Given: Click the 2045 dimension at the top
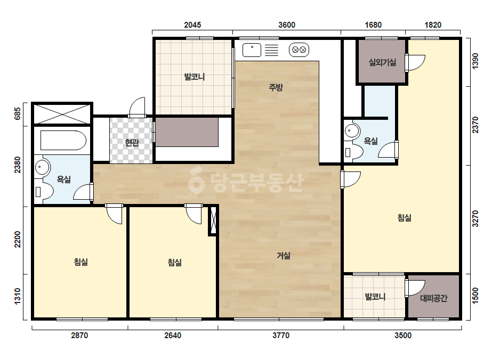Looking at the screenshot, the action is (192, 25).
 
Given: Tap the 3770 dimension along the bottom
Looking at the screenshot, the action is (281, 336).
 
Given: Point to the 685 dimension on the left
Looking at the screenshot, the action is (18, 113).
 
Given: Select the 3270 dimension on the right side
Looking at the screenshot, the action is (475, 218).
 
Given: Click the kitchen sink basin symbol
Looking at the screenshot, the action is (252, 50).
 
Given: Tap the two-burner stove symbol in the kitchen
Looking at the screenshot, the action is (299, 50).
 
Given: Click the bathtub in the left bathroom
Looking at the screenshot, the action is (63, 141).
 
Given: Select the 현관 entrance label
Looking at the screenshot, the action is (132, 143).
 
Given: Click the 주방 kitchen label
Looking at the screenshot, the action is (276, 87).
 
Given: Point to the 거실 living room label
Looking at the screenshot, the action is (284, 256).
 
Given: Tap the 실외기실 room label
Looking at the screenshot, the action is (382, 62).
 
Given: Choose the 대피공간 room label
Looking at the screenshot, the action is (434, 298).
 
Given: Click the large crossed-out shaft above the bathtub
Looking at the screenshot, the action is (62, 114).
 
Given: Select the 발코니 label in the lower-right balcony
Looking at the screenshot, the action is (375, 296).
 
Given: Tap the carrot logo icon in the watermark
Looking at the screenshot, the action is (196, 181).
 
